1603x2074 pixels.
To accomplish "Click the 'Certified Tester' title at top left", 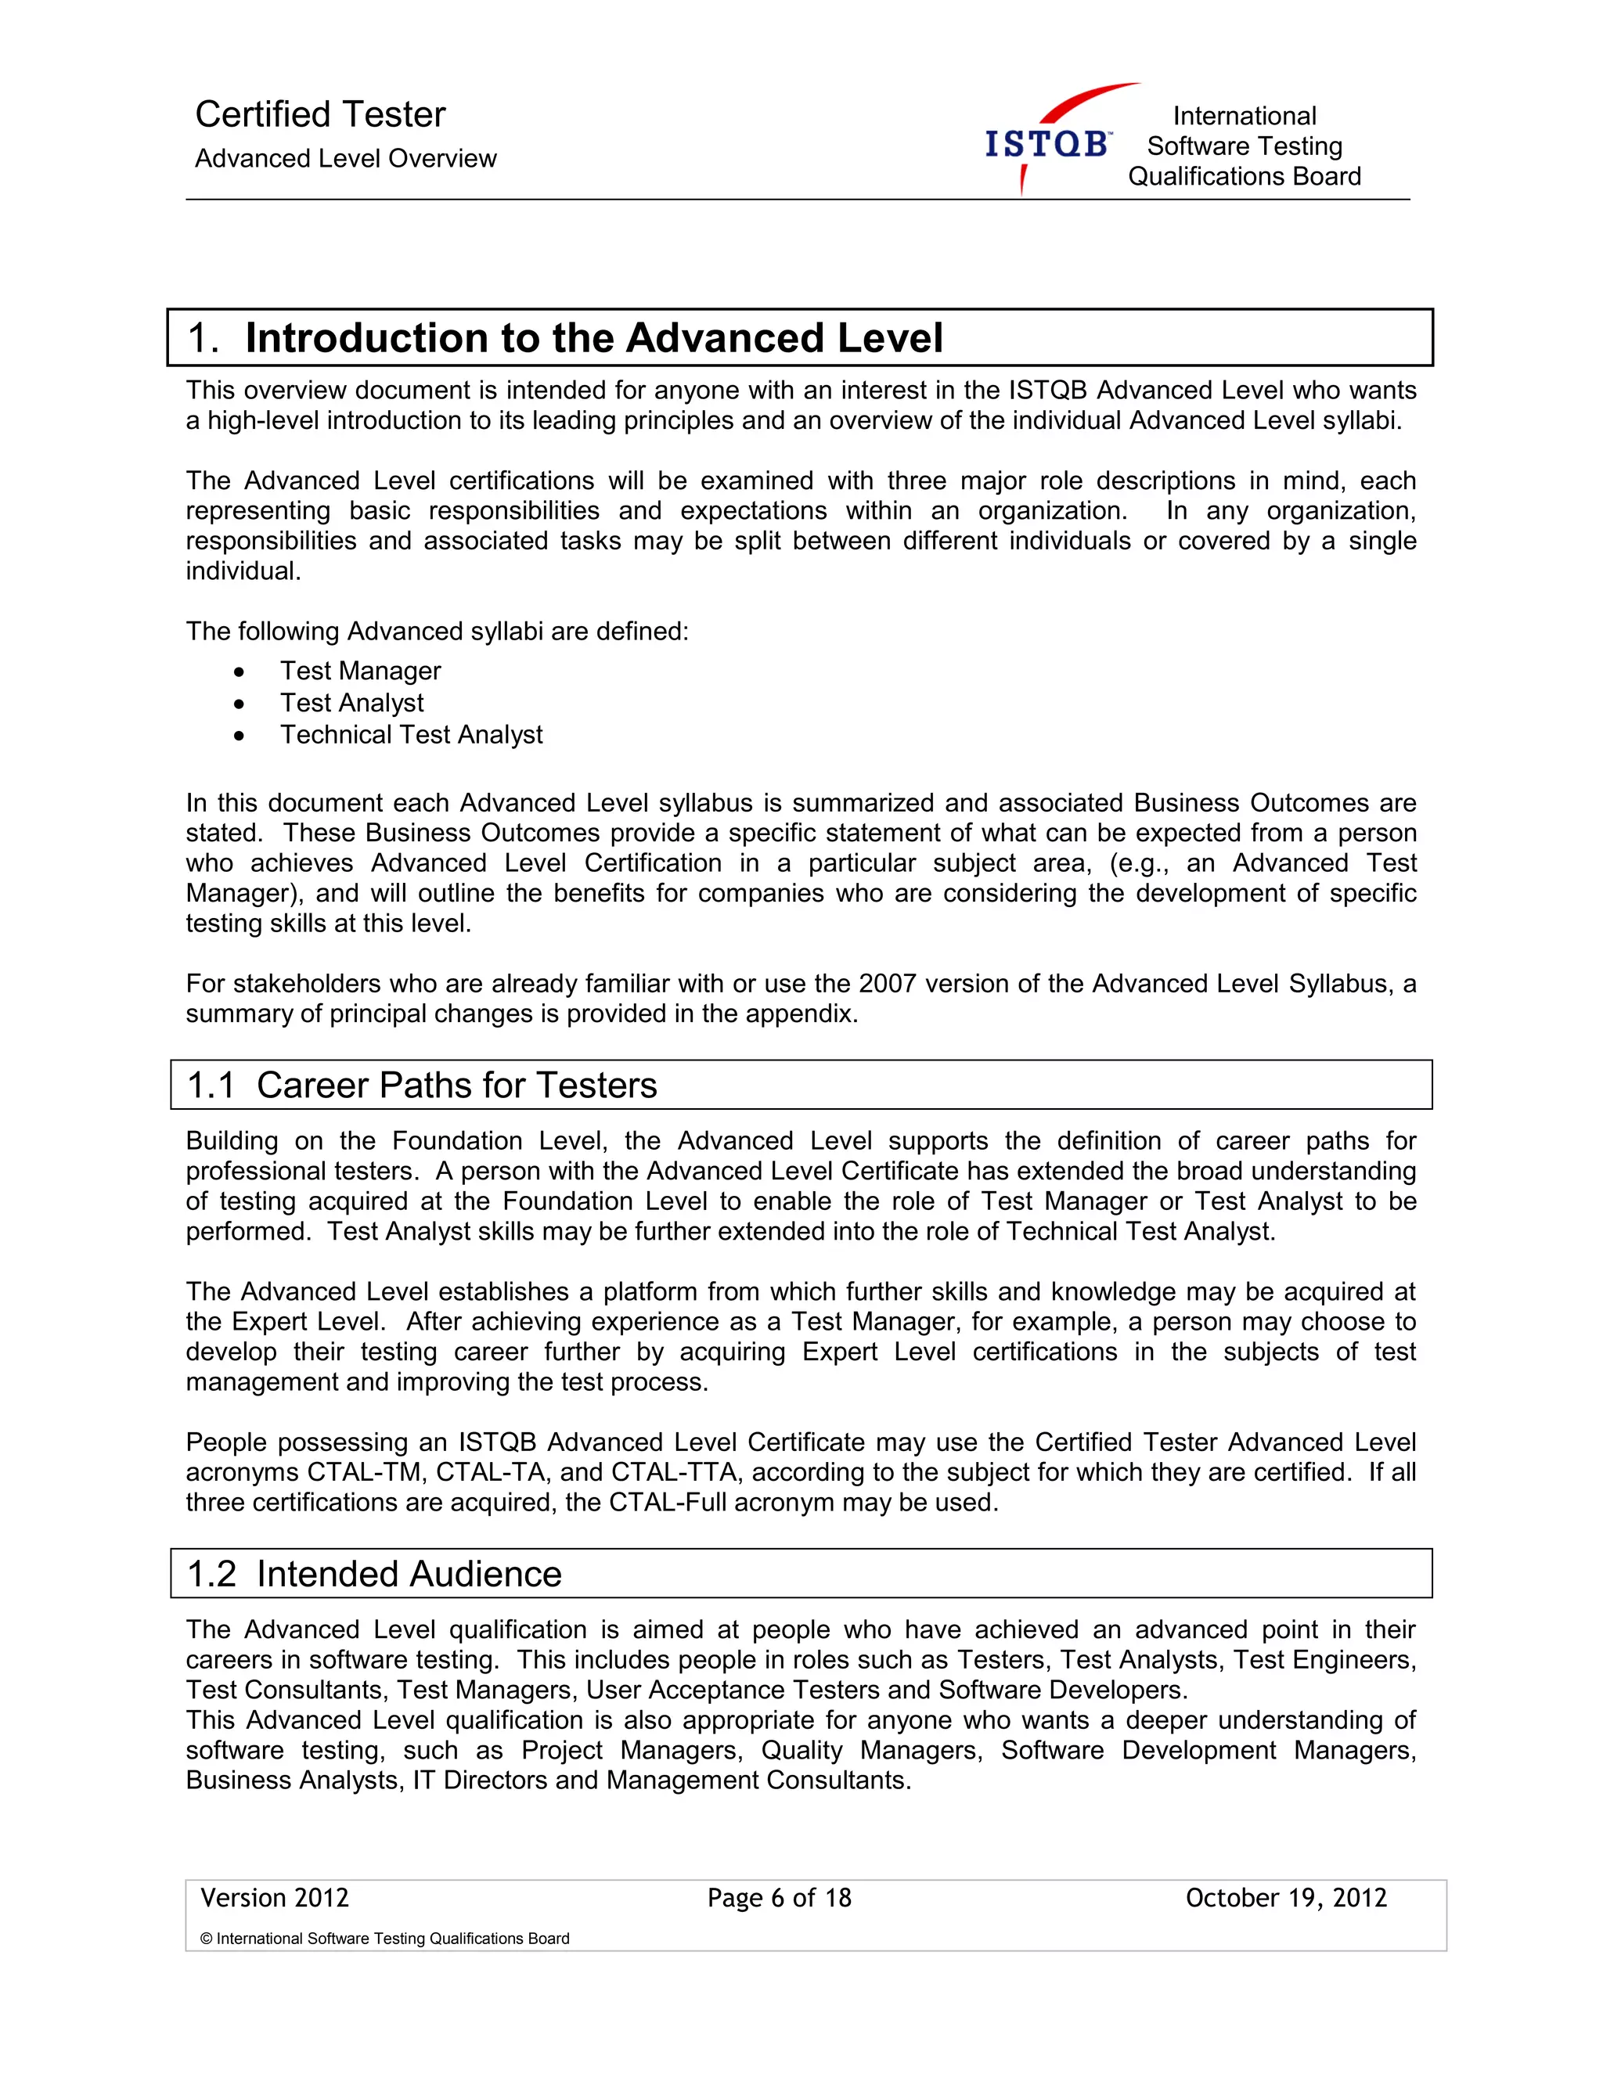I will click(x=320, y=115).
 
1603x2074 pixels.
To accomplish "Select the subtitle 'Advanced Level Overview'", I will click(x=346, y=159).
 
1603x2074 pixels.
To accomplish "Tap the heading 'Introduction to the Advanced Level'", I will click(x=593, y=338).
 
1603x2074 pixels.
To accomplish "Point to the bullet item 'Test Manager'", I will click(x=360, y=672).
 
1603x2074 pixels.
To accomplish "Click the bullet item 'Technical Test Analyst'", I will click(x=410, y=735).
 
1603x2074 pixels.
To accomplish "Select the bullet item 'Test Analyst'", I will click(x=351, y=703).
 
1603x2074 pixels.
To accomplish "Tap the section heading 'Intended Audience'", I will click(x=409, y=1575).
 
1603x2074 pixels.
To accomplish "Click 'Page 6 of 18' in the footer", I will click(x=779, y=1899).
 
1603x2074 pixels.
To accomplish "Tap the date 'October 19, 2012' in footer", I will click(x=1286, y=1899).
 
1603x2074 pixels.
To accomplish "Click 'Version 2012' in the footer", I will click(x=275, y=1899).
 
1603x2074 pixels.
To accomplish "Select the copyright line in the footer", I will click(x=384, y=1939).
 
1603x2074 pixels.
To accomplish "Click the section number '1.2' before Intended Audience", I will click(x=211, y=1575).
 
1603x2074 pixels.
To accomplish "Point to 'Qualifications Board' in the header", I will click(x=1244, y=177).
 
